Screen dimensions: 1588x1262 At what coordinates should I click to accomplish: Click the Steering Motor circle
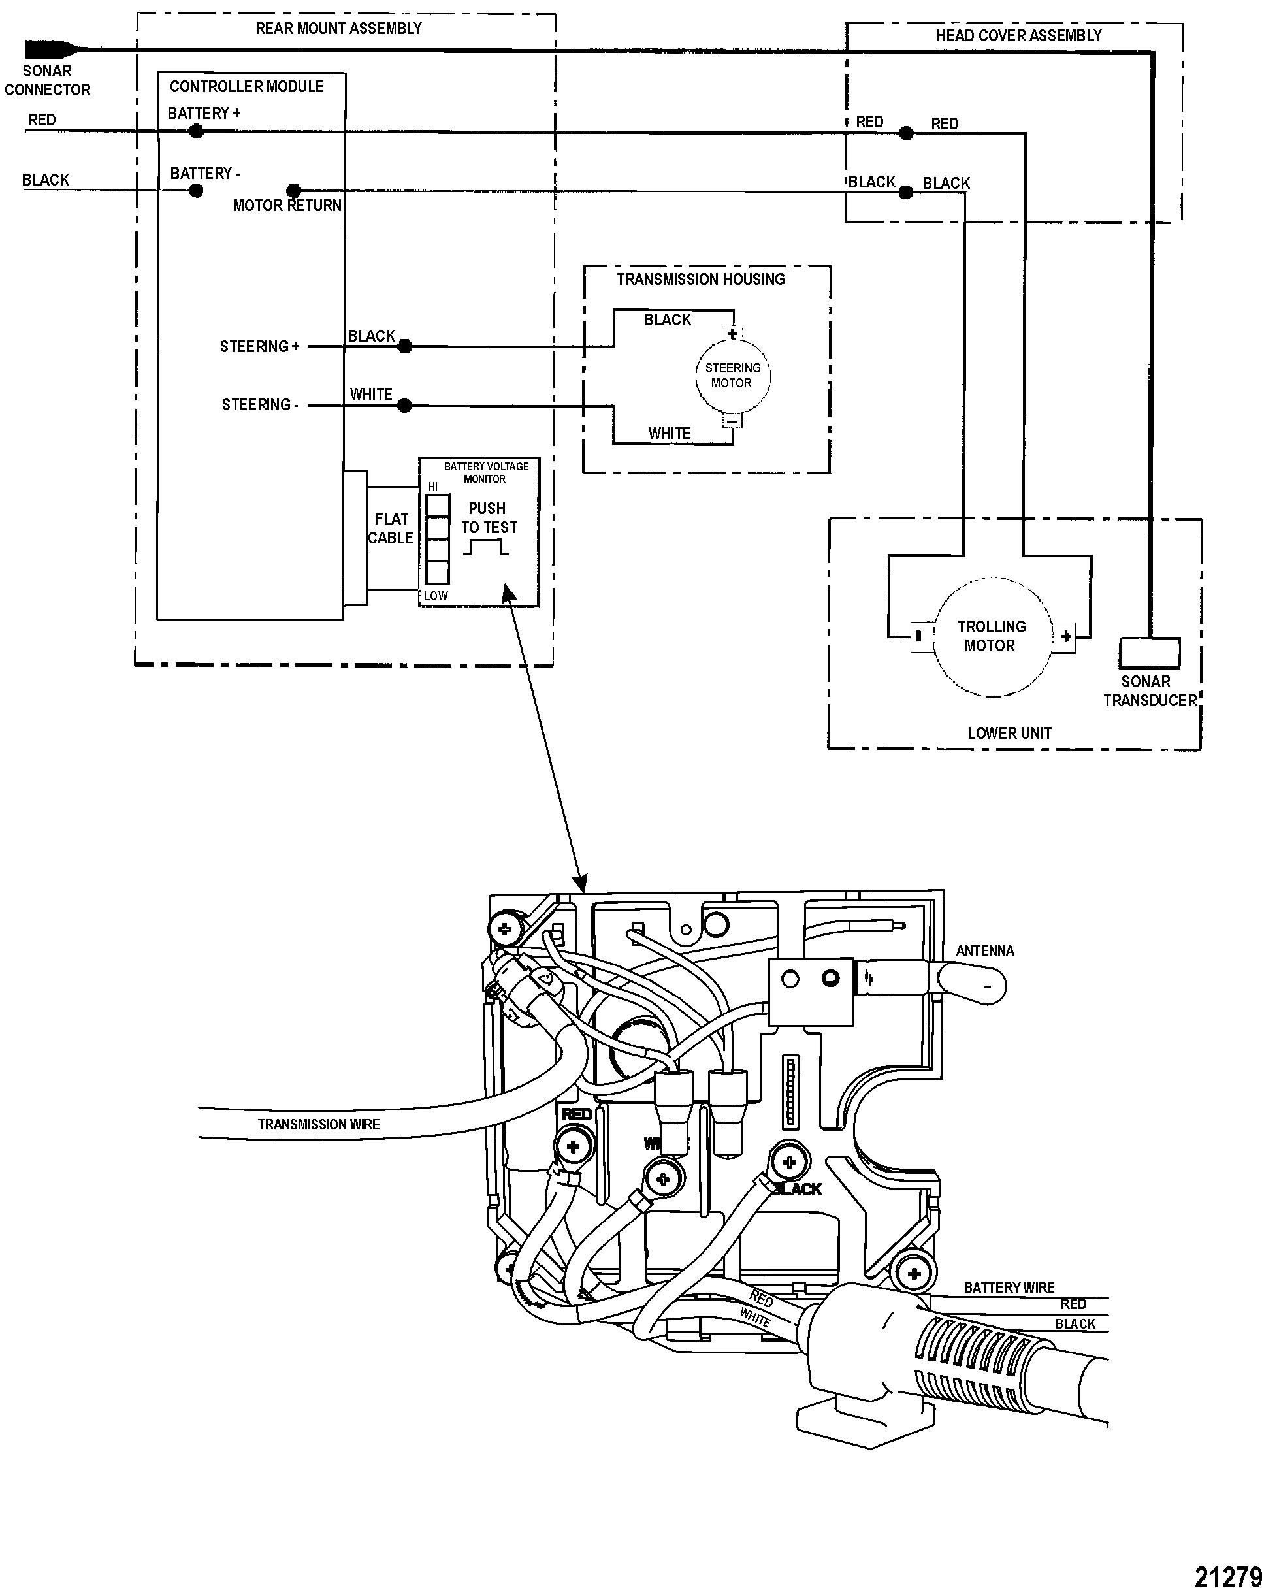click(732, 376)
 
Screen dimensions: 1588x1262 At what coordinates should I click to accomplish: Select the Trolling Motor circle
click(991, 636)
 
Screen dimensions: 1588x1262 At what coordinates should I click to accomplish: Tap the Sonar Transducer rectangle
click(1149, 653)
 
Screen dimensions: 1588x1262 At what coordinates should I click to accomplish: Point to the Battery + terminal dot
click(196, 131)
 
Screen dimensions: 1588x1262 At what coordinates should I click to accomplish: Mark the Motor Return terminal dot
click(293, 191)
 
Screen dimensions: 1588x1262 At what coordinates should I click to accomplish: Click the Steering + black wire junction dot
click(404, 346)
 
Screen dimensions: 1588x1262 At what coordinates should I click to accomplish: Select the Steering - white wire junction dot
click(404, 405)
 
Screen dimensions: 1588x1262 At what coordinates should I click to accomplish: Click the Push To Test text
click(489, 518)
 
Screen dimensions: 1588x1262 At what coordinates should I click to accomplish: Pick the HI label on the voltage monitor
click(432, 487)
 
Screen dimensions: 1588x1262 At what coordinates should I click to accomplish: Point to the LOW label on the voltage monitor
click(436, 595)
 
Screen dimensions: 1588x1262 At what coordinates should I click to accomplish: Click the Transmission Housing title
click(701, 279)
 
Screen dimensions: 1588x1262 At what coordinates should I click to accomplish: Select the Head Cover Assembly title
click(1018, 35)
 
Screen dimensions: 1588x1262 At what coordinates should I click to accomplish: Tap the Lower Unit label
click(1009, 733)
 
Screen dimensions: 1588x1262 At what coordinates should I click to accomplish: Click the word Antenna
click(985, 951)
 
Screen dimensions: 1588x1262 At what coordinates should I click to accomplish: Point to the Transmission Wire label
click(318, 1125)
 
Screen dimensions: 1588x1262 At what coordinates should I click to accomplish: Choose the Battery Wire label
click(1009, 1288)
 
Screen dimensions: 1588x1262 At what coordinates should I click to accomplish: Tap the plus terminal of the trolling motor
click(1065, 636)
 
